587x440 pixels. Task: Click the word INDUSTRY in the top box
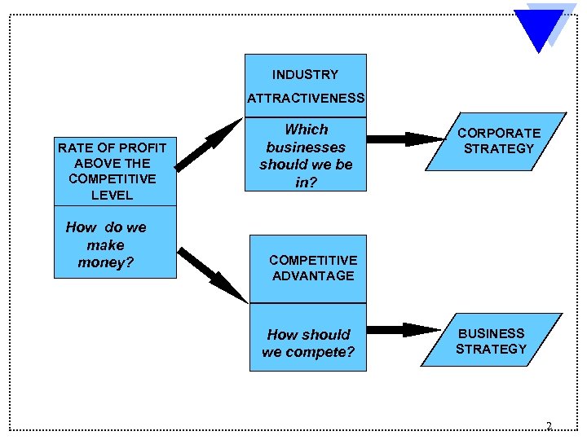[305, 74]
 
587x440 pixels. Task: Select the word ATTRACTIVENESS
[306, 98]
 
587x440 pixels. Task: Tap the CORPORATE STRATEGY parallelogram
[497, 141]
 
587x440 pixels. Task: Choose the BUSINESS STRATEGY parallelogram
[492, 341]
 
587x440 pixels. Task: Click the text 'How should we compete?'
[308, 344]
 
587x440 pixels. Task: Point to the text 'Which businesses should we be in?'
[306, 156]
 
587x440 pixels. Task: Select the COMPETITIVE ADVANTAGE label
[312, 268]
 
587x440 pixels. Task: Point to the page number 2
[549, 426]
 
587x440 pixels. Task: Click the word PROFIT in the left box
[143, 147]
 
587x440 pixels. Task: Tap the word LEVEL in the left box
[113, 195]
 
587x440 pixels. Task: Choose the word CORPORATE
[499, 133]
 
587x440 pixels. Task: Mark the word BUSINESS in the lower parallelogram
[492, 333]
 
